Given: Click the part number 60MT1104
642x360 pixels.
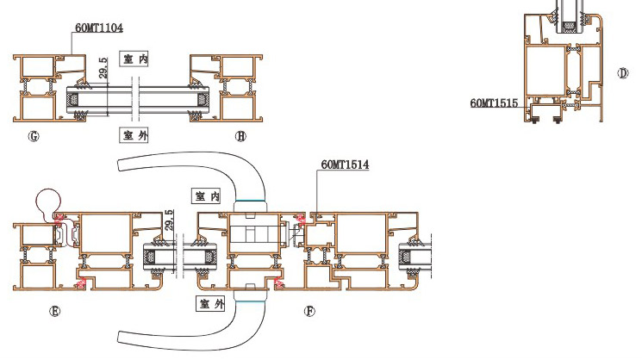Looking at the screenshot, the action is pos(99,28).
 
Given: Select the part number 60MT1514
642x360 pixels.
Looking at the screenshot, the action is pos(345,164).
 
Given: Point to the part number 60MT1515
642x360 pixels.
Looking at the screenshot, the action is pos(494,103).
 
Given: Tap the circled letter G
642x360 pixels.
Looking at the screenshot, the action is pos(34,136).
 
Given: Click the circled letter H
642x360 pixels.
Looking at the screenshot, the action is pos(240,136).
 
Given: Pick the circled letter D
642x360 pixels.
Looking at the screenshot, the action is pos(622,73).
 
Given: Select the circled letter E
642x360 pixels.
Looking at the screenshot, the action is pos(54,311).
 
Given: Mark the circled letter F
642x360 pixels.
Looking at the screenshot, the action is pos(309,311).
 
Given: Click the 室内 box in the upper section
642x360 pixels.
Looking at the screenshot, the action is pos(134,59).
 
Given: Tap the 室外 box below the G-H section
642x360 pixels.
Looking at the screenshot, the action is pos(134,135).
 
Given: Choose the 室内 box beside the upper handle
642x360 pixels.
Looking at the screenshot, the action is pos(207,196).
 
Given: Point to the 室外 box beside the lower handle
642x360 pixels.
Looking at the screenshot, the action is pos(210,303).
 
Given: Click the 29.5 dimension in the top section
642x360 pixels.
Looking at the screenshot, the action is pos(103,68).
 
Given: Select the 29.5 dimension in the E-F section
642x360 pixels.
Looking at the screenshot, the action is pos(169,220).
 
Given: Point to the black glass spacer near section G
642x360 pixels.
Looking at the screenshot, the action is pos(74,99).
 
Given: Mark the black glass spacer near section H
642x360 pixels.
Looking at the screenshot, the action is pos(203,99).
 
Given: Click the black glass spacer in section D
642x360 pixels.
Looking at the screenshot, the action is pos(568,27).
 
